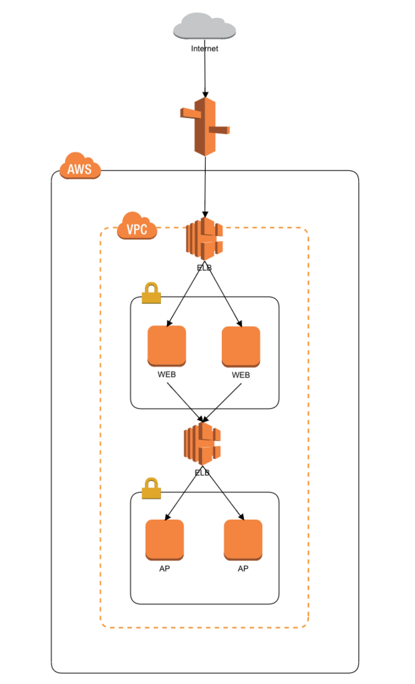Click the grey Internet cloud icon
[x=204, y=26]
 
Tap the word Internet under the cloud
[x=204, y=49]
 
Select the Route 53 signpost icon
[x=204, y=126]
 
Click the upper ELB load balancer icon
[x=204, y=238]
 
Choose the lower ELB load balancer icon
[x=202, y=444]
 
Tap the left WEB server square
[x=166, y=345]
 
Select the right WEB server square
[x=241, y=345]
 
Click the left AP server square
[x=164, y=540]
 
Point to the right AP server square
[x=243, y=540]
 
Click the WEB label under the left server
[x=166, y=375]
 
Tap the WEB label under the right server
[x=241, y=375]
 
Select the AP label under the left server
[x=164, y=569]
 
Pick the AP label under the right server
[x=243, y=569]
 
